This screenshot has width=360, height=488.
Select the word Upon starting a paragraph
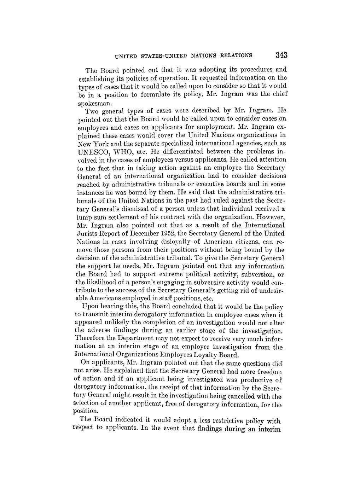tap(88, 306)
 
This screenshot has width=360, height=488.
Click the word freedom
tap(274, 371)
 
